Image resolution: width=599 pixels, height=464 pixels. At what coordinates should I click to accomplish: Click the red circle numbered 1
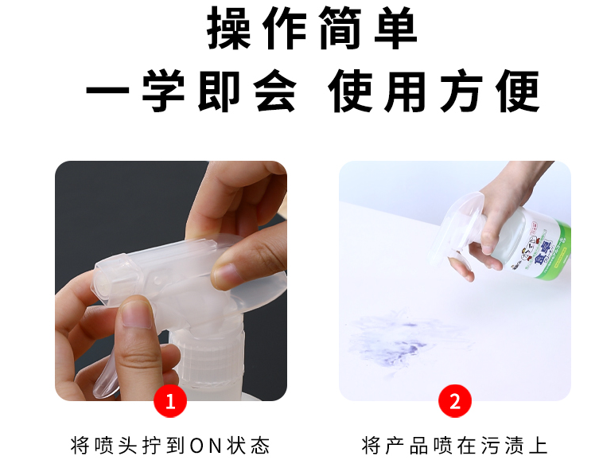(170, 401)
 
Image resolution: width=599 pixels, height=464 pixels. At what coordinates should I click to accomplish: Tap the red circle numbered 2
(454, 401)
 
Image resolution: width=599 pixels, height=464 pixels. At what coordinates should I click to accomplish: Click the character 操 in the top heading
(229, 29)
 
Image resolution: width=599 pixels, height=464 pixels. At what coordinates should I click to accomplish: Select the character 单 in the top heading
(396, 29)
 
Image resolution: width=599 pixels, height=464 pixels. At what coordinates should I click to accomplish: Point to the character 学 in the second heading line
(164, 91)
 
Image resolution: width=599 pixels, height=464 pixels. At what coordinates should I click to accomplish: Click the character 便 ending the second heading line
(518, 91)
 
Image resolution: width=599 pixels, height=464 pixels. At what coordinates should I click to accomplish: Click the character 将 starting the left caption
(80, 445)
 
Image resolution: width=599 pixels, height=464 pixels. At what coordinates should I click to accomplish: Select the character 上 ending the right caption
(539, 445)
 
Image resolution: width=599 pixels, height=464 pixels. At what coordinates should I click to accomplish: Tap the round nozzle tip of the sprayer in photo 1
(103, 283)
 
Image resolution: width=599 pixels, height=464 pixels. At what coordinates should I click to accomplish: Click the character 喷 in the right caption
(442, 445)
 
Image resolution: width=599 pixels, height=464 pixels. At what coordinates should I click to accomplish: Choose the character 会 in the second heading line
(275, 91)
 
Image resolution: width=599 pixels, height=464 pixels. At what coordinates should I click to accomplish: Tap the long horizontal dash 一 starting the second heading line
(108, 91)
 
